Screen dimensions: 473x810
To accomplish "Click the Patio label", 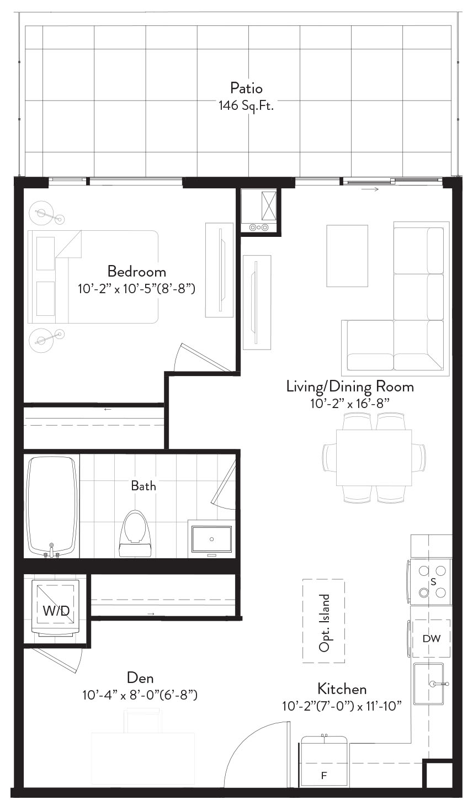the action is click(x=246, y=88).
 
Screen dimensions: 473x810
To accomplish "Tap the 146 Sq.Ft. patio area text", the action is click(x=246, y=105).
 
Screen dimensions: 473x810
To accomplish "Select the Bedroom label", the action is click(x=137, y=272).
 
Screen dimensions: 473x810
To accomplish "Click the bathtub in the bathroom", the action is click(x=52, y=507).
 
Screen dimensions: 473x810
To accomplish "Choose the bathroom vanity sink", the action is click(x=211, y=539).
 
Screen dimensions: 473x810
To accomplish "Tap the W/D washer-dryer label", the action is click(x=56, y=611).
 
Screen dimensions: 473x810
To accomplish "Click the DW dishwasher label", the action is click(x=432, y=639).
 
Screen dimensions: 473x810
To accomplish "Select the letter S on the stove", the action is click(x=433, y=582).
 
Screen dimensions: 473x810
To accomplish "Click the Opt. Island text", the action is click(x=324, y=623).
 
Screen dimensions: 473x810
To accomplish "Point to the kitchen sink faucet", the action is click(x=439, y=684).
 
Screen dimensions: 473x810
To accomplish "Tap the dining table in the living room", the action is click(x=374, y=457).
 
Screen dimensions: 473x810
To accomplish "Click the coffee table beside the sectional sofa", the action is click(x=347, y=256).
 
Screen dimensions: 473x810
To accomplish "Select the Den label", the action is click(x=140, y=677).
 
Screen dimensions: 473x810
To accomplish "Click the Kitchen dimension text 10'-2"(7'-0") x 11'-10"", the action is click(x=342, y=706).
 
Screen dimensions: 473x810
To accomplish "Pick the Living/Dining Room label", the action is click(x=350, y=387).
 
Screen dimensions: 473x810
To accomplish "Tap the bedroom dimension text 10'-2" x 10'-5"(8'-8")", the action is click(x=136, y=289).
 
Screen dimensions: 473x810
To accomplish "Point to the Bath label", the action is click(x=144, y=486).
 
